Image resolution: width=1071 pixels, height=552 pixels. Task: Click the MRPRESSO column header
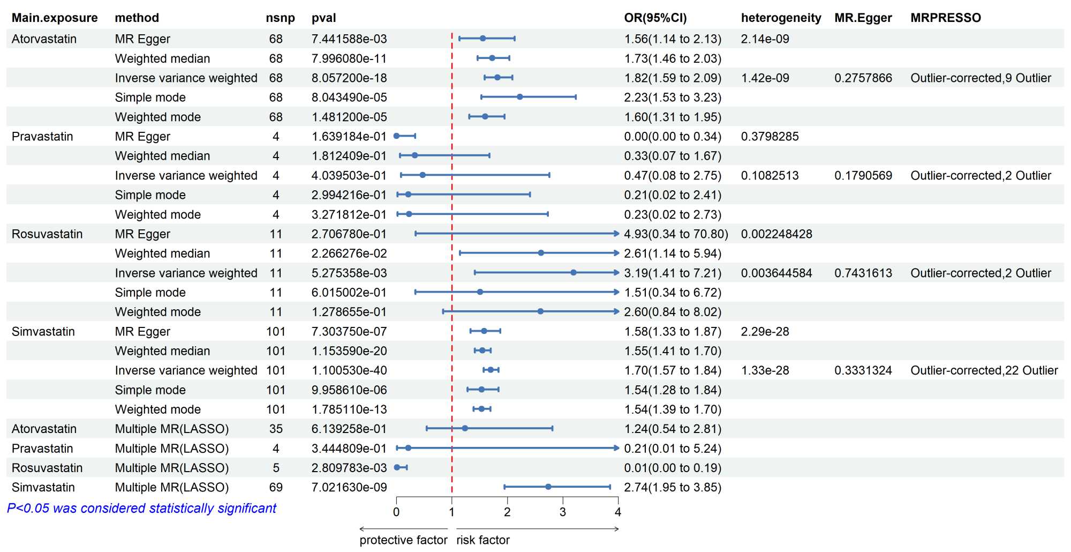(946, 18)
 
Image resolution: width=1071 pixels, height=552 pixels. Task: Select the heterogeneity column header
(781, 18)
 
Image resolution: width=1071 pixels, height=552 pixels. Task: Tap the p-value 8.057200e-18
(349, 78)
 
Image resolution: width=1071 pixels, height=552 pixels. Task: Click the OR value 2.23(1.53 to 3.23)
(673, 98)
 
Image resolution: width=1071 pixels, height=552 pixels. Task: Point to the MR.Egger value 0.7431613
(863, 273)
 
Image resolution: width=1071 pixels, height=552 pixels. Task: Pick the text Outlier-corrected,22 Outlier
(984, 370)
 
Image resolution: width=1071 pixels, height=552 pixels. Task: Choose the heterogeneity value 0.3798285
(770, 136)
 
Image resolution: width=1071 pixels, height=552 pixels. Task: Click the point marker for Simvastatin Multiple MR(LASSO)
(548, 487)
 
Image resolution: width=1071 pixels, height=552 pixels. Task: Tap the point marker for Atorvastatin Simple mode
(519, 97)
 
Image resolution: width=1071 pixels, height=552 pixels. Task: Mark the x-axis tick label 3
(562, 512)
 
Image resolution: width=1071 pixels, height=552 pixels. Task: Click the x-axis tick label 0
(396, 512)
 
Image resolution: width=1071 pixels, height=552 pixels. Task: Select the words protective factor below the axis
(403, 540)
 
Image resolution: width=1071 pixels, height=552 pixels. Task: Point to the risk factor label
(482, 540)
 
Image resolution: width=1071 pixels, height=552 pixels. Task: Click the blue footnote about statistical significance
(141, 508)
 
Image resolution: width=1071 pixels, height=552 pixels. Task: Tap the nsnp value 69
(276, 487)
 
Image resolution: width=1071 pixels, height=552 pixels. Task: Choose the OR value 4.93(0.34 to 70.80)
(676, 234)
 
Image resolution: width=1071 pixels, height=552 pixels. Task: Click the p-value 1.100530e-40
(349, 370)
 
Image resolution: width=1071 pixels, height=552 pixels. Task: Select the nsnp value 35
(276, 429)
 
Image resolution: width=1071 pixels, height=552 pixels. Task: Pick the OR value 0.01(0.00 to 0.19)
(673, 468)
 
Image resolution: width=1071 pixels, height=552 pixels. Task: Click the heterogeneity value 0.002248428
(776, 234)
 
